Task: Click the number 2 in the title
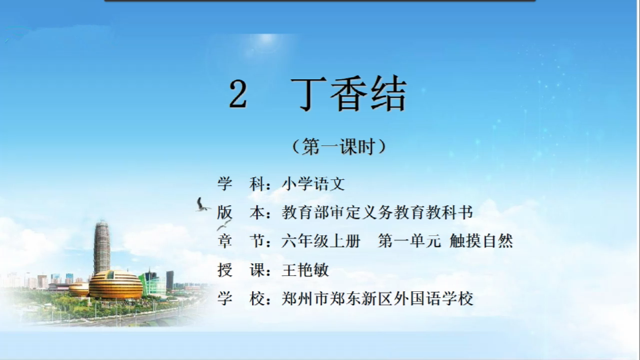(238, 94)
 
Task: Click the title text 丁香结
(349, 94)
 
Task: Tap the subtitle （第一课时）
(339, 147)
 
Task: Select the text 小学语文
(313, 184)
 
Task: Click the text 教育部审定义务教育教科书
(377, 212)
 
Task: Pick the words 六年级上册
(321, 241)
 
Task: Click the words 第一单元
(409, 241)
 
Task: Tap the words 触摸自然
(481, 241)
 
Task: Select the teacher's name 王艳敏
(305, 270)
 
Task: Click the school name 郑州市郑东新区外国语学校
(377, 299)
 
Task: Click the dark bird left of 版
(203, 205)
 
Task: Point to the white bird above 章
(224, 225)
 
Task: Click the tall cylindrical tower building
(101, 247)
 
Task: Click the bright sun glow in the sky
(267, 39)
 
